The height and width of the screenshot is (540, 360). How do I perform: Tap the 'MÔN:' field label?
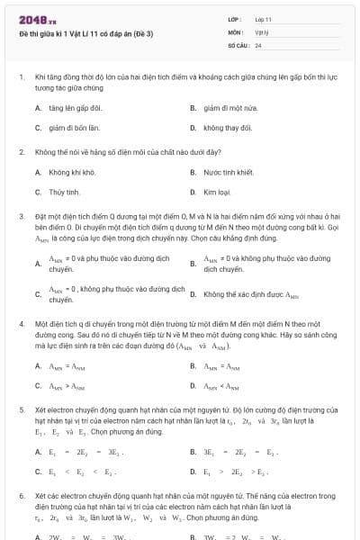pos(236,31)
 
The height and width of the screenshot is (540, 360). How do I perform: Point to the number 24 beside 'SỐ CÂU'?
pos(258,44)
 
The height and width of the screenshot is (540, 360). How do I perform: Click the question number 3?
pos(21,217)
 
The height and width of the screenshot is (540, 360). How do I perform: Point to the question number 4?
pos(21,322)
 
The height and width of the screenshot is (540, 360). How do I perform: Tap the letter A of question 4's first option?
pos(38,366)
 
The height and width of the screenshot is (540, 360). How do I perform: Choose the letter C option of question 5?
pos(38,471)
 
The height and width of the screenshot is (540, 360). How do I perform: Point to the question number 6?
pos(21,496)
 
